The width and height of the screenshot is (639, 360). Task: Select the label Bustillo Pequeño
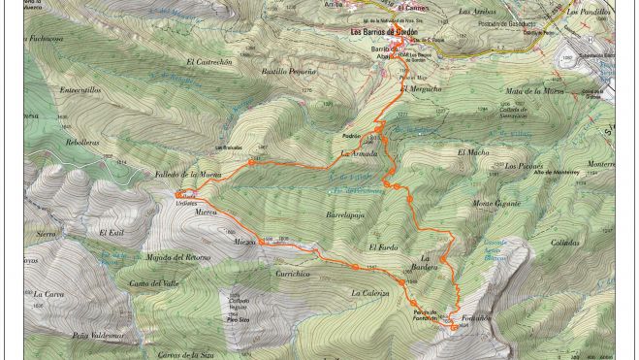[288, 72]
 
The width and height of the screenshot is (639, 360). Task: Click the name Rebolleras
[82, 143]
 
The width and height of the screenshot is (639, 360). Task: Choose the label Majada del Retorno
[177, 258]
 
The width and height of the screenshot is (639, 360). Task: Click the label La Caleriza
[369, 293]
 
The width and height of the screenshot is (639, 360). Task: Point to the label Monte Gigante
[496, 204]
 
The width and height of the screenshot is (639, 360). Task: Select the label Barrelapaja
[345, 214]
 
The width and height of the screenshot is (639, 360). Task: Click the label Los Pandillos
[587, 12]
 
